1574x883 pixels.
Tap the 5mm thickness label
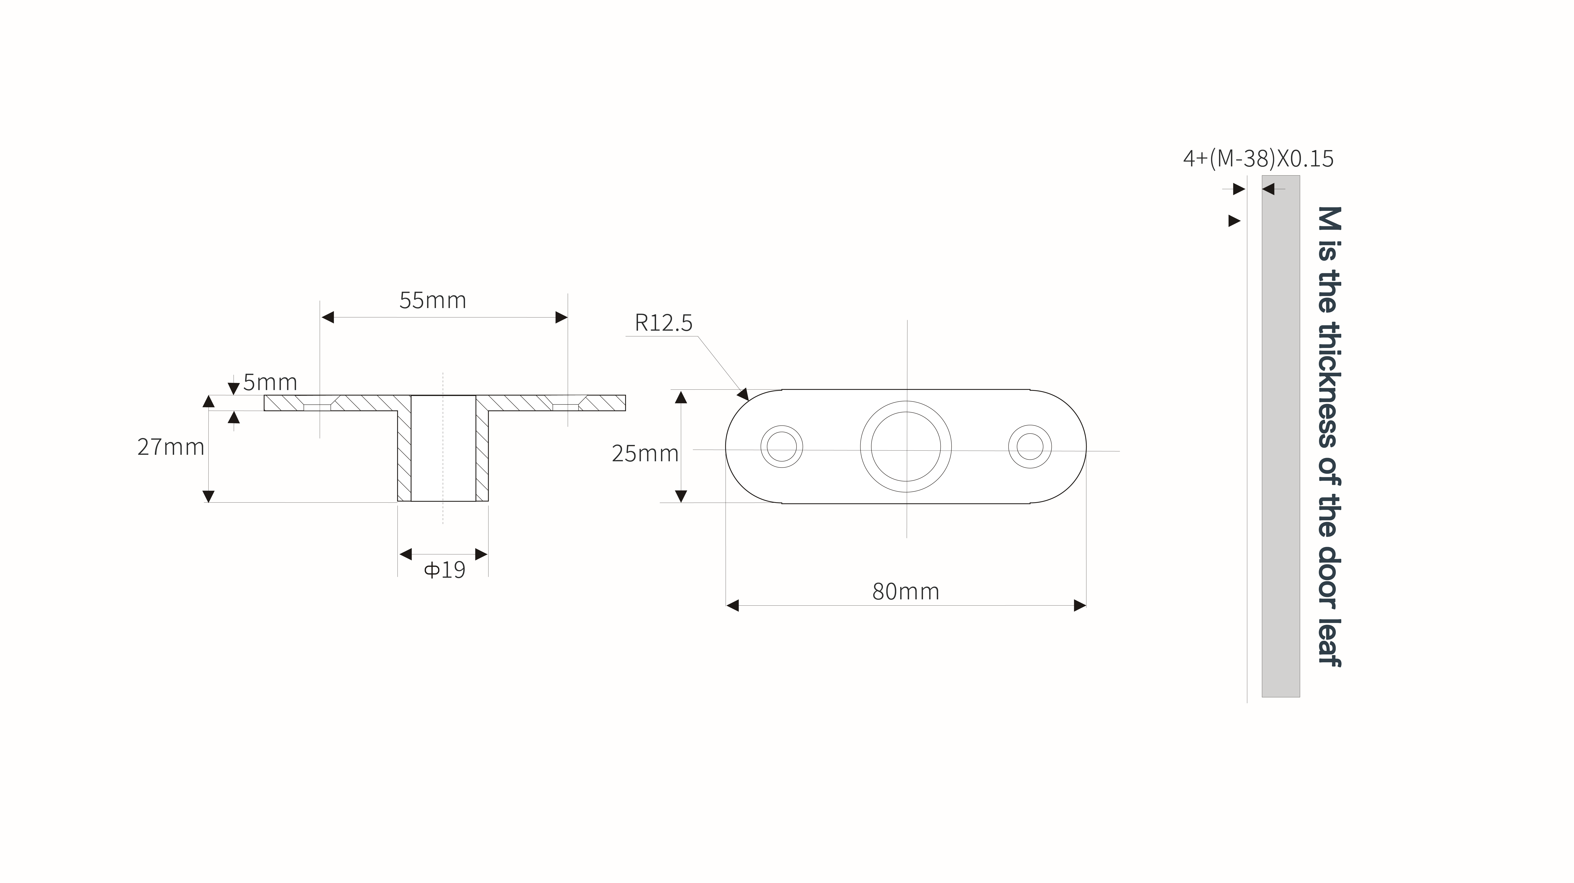pyautogui.click(x=270, y=383)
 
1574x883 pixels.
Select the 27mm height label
pyautogui.click(x=171, y=447)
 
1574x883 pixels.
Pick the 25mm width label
pyautogui.click(x=645, y=453)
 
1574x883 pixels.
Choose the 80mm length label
pyautogui.click(x=906, y=591)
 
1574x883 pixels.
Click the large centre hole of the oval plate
pyautogui.click(x=906, y=446)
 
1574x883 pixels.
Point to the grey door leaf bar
pyautogui.click(x=1281, y=436)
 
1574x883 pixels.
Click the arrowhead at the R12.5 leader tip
pyautogui.click(x=744, y=394)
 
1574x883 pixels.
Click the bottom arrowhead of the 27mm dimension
pyautogui.click(x=208, y=496)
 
